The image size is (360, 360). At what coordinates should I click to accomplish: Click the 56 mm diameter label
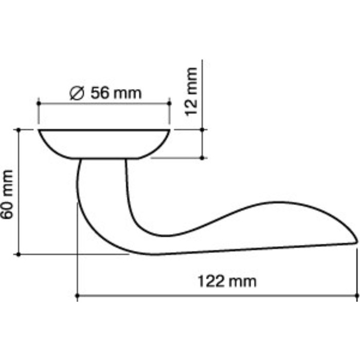pos(105,93)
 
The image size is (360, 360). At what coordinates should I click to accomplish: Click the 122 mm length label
pos(227,282)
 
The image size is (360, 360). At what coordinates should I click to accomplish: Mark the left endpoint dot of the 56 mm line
pos(39,103)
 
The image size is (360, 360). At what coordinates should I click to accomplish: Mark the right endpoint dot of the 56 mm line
pos(169,103)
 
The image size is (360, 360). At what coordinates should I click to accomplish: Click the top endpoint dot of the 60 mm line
pos(19,130)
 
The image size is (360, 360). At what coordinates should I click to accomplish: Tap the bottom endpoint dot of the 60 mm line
pos(19,254)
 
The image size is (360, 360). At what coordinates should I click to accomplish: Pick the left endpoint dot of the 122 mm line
pos(77,296)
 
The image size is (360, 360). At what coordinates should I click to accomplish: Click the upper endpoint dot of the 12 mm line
pos(203,130)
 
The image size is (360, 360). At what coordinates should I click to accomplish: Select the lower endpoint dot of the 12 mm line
pos(203,157)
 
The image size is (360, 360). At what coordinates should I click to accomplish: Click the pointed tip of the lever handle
pos(356,239)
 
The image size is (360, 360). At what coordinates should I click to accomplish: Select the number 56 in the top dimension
pos(99,93)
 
